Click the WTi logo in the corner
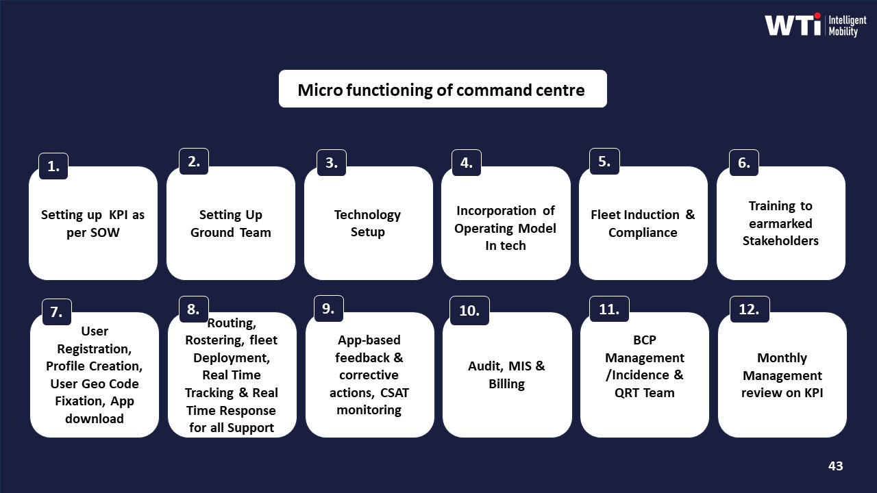point(793,25)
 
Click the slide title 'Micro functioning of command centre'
point(441,90)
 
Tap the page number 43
point(835,466)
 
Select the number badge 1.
point(53,166)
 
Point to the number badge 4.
point(466,163)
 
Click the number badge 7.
point(56,312)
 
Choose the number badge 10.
point(469,310)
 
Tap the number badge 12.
point(748,309)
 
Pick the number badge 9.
point(328,309)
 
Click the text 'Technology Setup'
point(367,223)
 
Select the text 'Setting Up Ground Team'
point(230,224)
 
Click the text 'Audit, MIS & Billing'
point(506,375)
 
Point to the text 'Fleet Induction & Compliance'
point(643,224)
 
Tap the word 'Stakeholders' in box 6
point(780,240)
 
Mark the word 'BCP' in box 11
point(644,340)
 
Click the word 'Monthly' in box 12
point(782,358)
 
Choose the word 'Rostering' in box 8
point(209,340)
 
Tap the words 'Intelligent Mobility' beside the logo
point(848,25)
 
